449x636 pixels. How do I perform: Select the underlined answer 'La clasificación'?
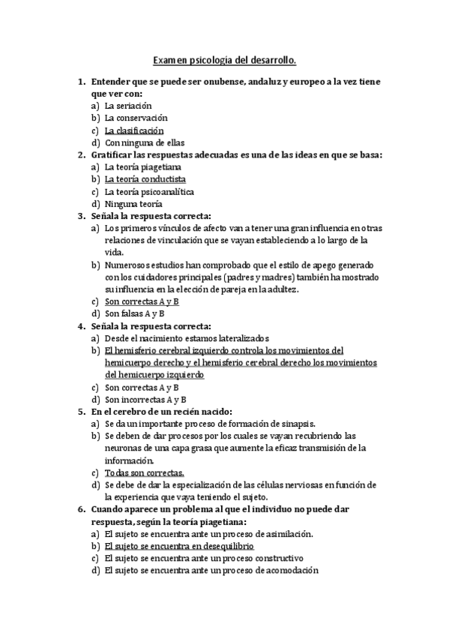pyautogui.click(x=139, y=130)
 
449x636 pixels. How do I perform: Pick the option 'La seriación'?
pyautogui.click(x=133, y=106)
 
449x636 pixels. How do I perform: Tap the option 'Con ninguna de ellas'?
pyautogui.click(x=145, y=142)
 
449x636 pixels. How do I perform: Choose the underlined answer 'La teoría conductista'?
pyautogui.click(x=145, y=179)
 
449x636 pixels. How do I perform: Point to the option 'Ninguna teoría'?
pyautogui.click(x=133, y=203)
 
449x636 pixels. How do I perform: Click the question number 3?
pyautogui.click(x=81, y=216)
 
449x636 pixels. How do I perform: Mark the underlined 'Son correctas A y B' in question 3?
pyautogui.click(x=142, y=301)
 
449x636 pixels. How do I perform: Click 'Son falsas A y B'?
pyautogui.click(x=135, y=313)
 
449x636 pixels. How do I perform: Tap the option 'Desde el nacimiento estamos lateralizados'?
pyautogui.click(x=187, y=338)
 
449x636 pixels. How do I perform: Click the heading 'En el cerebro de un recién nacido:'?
pyautogui.click(x=162, y=412)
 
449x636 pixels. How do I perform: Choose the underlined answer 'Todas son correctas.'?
pyautogui.click(x=145, y=472)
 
